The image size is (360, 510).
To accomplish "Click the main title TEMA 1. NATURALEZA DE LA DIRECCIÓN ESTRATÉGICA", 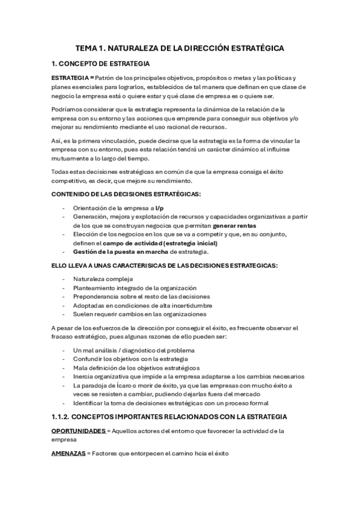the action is pos(180,48).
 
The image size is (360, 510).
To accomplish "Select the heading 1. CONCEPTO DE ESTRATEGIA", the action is pos(101,64).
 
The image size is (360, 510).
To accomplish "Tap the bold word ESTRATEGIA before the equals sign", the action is pos(69,79).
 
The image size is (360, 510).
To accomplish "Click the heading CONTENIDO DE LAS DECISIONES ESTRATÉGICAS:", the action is pos(126,194).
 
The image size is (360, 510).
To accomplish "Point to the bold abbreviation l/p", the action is pos(159,207).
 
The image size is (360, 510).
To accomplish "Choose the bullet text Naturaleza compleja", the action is pos(103,280).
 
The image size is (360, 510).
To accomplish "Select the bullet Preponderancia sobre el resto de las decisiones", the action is pos(141,296).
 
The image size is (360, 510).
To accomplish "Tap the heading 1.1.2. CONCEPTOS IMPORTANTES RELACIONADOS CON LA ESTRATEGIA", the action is pos(169,417).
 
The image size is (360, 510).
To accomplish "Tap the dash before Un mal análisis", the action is pos(64,351).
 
